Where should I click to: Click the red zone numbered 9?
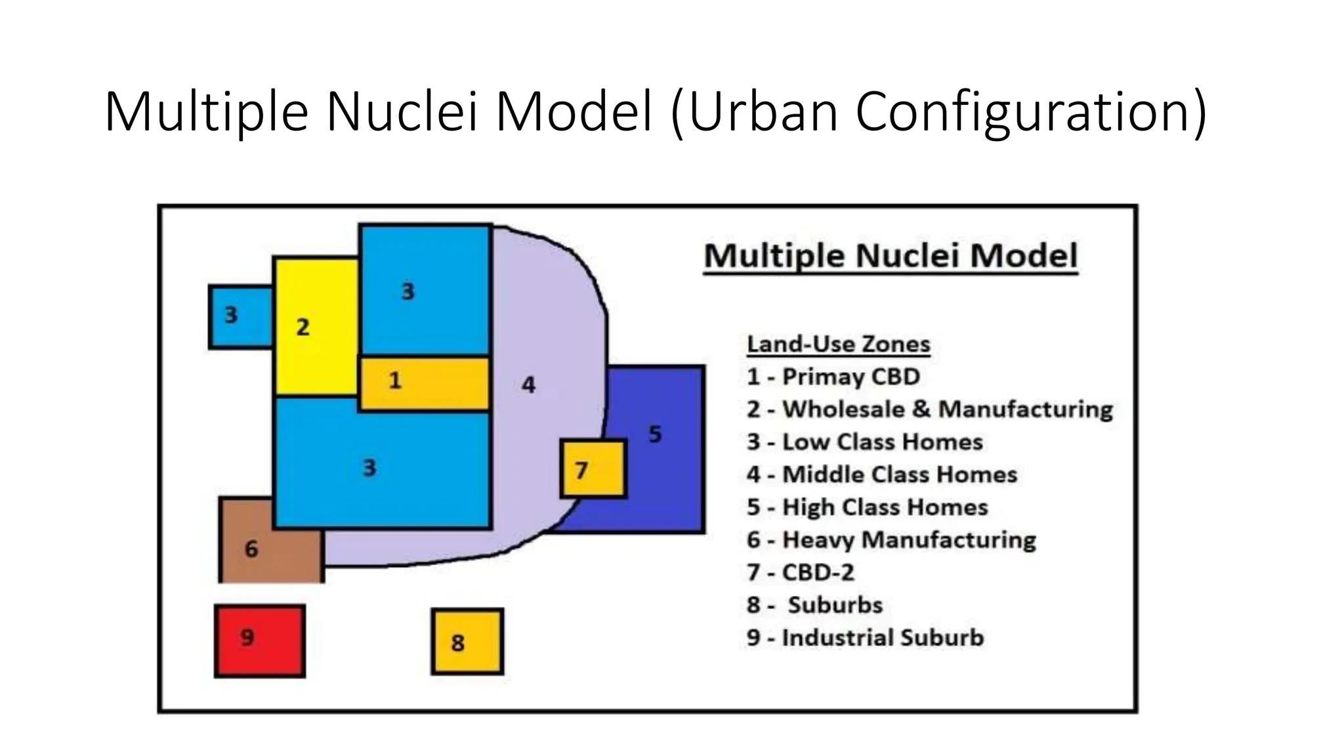260,640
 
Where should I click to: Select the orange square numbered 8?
467,642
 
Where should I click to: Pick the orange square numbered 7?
593,469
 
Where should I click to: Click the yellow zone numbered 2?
315,327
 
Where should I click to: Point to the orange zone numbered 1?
424,384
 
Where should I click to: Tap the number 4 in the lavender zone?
528,385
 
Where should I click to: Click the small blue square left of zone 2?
240,316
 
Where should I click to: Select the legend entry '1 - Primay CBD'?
833,377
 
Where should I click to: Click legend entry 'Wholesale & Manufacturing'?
929,409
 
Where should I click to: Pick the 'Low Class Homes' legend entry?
864,442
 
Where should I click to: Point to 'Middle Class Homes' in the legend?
881,474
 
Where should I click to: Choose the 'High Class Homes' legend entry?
867,507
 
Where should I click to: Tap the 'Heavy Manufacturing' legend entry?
891,540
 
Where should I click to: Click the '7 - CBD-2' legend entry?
800,572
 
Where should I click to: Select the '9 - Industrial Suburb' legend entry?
865,638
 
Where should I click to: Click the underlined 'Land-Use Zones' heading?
838,344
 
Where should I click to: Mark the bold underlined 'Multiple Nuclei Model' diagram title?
891,256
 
